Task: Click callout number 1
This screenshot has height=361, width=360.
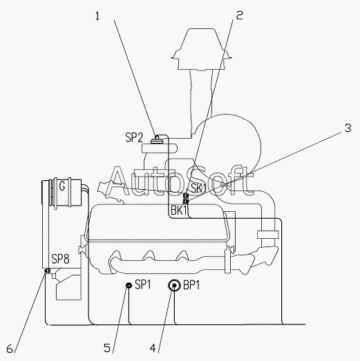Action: tap(97, 16)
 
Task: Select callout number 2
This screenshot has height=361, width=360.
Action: tap(240, 15)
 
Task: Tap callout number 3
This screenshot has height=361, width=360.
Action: tap(348, 128)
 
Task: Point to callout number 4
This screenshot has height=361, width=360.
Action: tap(153, 348)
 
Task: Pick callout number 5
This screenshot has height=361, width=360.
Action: tap(107, 348)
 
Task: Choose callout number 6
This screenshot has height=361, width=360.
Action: tap(10, 349)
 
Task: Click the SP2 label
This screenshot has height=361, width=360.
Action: tap(134, 137)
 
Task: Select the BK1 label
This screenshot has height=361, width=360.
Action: tap(179, 211)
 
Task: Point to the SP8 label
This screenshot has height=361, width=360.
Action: tap(60, 259)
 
